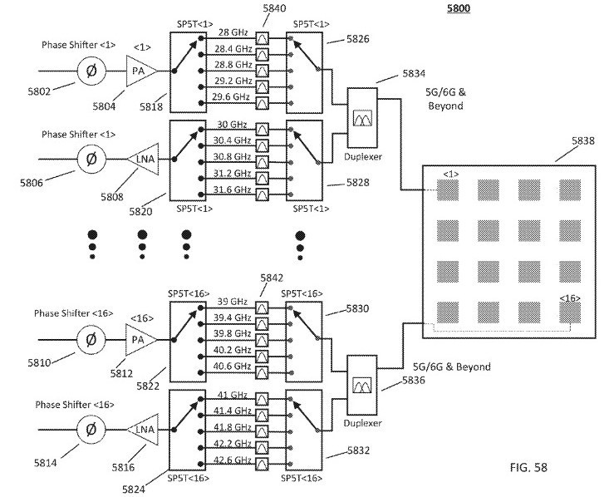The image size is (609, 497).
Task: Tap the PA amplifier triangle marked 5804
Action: click(x=138, y=71)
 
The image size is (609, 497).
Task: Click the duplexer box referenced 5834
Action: click(x=362, y=121)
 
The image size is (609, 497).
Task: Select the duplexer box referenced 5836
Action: click(x=361, y=386)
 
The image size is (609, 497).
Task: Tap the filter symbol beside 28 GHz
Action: click(x=263, y=39)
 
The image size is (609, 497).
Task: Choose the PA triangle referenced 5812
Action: click(x=138, y=339)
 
